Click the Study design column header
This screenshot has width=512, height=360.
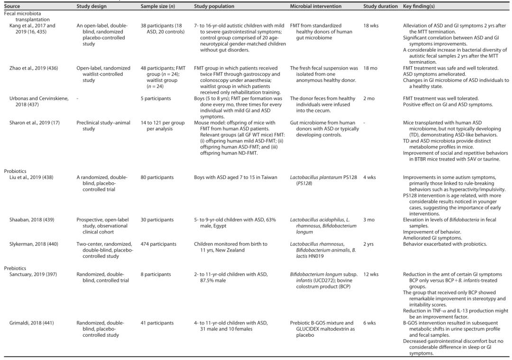click(91, 6)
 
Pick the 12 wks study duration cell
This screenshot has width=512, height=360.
click(371, 274)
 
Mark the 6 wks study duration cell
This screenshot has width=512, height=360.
click(370, 323)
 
